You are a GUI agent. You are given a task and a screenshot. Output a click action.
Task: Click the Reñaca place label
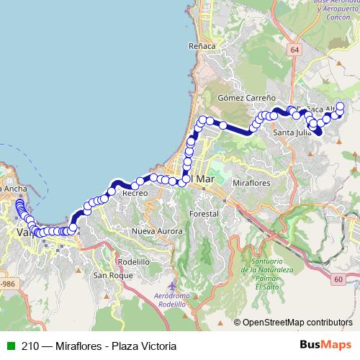click(x=202, y=46)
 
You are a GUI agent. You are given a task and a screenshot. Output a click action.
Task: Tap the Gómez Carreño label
click(x=246, y=96)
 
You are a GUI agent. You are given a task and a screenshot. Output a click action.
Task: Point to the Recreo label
click(x=135, y=193)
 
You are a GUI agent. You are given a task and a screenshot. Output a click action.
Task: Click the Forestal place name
click(x=204, y=215)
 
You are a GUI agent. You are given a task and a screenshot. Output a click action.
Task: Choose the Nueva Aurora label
click(x=154, y=230)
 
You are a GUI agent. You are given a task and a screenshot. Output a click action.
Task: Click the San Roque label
click(x=112, y=275)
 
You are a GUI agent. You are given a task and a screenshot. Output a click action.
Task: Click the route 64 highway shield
click(x=294, y=50)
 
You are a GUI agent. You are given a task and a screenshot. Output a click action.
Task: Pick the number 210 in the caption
click(x=30, y=346)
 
